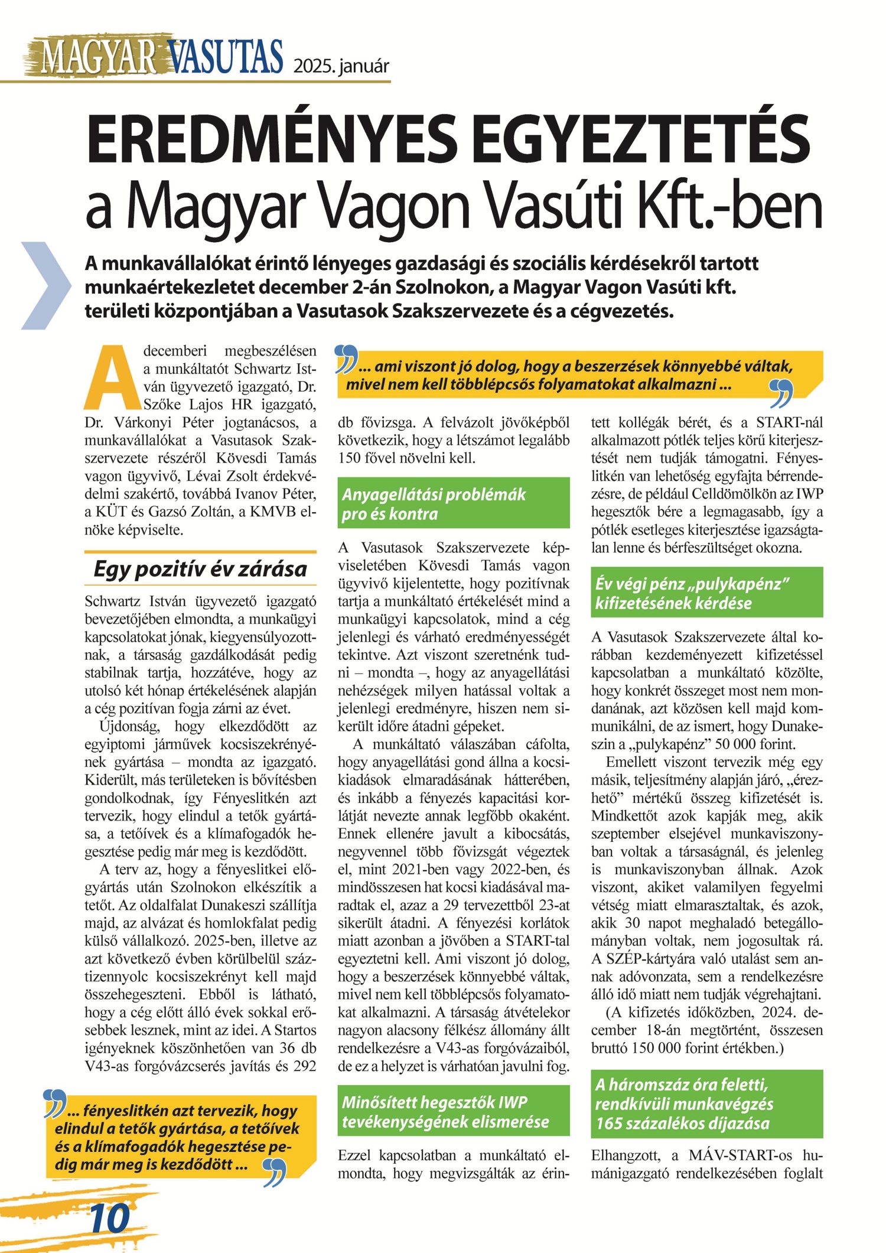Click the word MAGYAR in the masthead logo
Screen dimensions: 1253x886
(98, 57)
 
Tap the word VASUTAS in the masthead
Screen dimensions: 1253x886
(226, 57)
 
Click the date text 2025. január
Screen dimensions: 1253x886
(341, 66)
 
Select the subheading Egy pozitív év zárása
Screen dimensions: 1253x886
(200, 568)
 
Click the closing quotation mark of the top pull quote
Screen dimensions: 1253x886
(781, 393)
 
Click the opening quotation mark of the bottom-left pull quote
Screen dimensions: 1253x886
(56, 1104)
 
